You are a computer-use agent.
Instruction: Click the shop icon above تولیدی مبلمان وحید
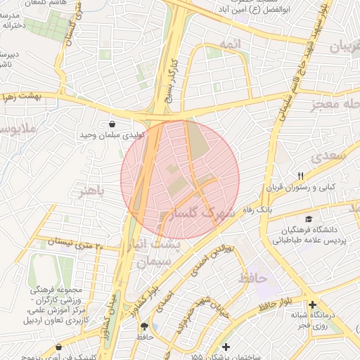click(x=112, y=124)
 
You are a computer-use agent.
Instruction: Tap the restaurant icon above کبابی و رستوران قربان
click(x=301, y=176)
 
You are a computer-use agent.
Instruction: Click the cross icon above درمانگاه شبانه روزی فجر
click(x=311, y=304)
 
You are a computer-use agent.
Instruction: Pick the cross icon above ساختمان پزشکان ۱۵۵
click(x=225, y=347)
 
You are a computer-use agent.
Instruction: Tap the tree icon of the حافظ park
click(x=145, y=326)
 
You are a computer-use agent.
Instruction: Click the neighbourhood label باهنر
click(x=92, y=191)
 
